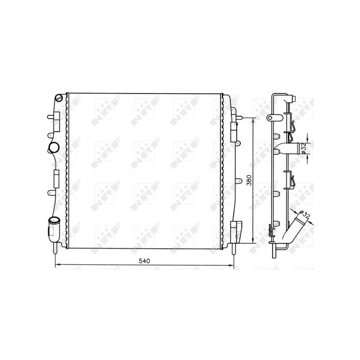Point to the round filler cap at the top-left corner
(58, 97)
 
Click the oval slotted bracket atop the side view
(271, 117)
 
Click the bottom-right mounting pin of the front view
(233, 250)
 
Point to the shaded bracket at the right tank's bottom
(236, 230)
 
